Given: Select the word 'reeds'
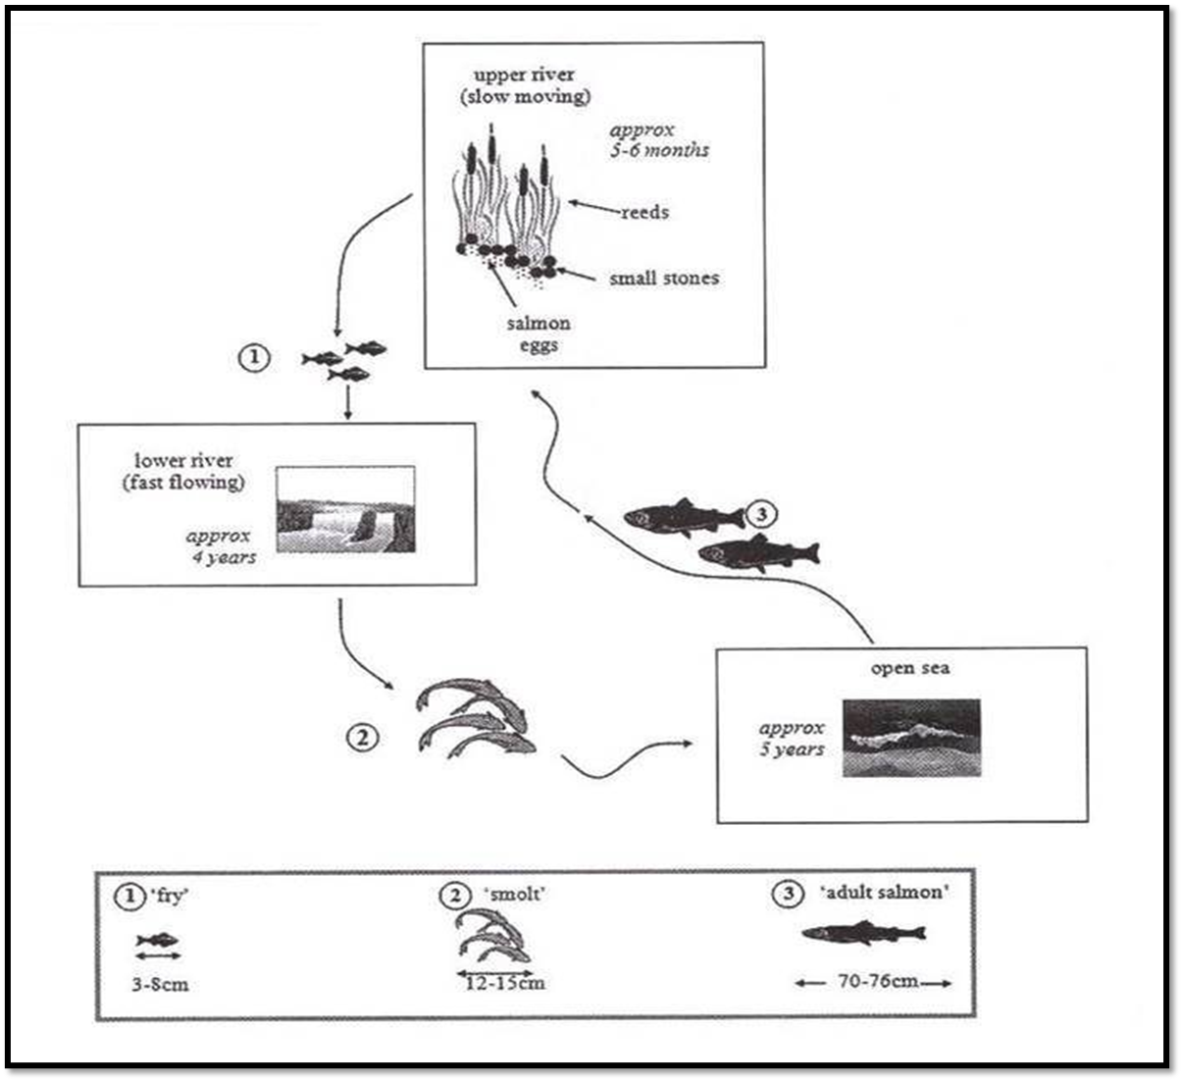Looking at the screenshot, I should click(644, 212).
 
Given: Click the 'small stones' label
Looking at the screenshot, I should click(664, 279).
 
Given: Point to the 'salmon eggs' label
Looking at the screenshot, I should click(539, 334).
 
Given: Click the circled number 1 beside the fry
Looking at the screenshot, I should click(253, 358).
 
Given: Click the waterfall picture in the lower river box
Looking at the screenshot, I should click(345, 509).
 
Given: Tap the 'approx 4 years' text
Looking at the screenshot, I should click(220, 546).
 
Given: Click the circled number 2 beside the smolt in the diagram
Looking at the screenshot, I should click(363, 738).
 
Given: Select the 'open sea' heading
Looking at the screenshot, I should click(910, 669).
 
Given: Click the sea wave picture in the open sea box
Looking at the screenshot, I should click(911, 738).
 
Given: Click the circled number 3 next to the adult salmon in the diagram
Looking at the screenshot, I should click(761, 513).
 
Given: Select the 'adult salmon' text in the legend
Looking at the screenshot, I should click(883, 894).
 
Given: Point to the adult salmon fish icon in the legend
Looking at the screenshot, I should click(863, 933).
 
